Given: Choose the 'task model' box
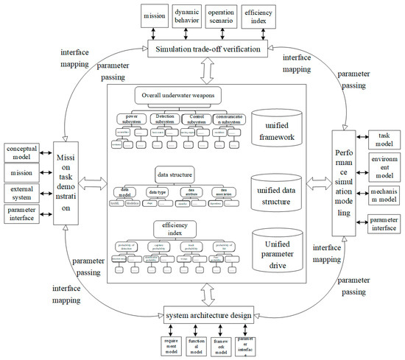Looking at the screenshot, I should click(383, 139).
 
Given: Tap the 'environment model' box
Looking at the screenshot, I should click(383, 166).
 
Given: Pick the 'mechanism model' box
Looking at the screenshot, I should click(383, 196).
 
